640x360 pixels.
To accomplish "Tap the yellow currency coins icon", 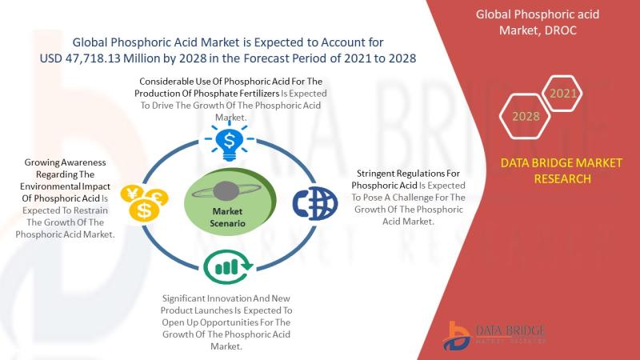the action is (144, 203).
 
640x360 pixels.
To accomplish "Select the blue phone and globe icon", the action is (314, 203).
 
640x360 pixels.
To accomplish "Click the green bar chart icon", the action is (228, 267).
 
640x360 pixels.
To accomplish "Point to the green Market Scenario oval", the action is (230, 202).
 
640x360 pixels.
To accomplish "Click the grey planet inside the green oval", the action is (226, 191).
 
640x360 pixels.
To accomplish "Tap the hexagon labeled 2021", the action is (563, 94).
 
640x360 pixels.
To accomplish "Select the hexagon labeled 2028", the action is (526, 116).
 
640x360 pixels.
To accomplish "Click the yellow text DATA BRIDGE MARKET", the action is (562, 163).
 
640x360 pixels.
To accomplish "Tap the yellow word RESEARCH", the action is (562, 178).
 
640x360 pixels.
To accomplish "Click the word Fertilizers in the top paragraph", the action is (259, 94).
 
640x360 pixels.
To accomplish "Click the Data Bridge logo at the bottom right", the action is (494, 335).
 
